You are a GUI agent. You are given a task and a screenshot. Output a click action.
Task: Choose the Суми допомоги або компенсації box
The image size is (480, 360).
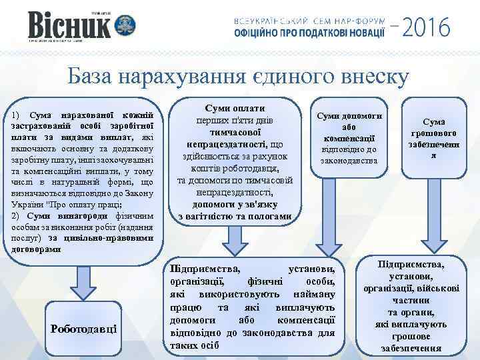point(349,139)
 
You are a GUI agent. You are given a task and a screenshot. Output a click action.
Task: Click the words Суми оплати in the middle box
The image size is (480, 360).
point(235,108)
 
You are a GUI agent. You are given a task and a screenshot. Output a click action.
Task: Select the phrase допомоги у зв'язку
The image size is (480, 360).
point(235,205)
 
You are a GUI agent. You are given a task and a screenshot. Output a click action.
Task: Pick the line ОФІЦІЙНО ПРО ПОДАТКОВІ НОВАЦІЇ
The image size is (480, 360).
point(309,33)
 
